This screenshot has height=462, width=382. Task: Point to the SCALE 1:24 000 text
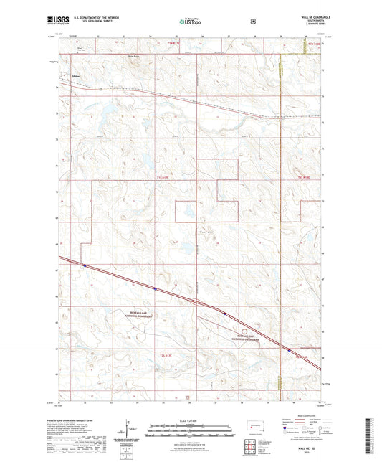tap(191, 420)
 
